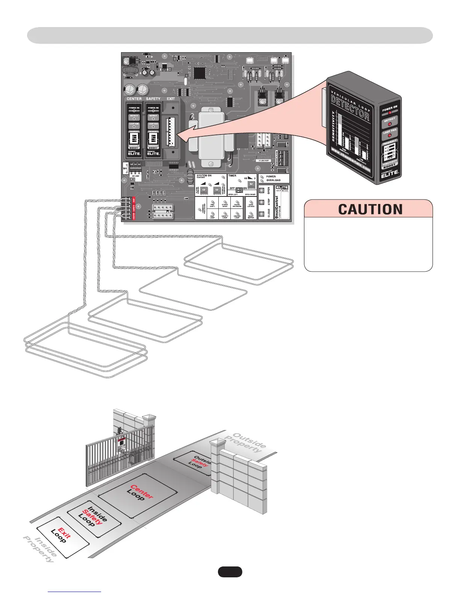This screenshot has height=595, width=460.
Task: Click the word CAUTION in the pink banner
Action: pyautogui.click(x=370, y=209)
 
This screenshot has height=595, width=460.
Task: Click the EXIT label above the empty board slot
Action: pyautogui.click(x=171, y=99)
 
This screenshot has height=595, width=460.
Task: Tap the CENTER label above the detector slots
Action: pyautogui.click(x=134, y=99)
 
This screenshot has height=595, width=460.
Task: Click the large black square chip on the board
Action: pyautogui.click(x=200, y=72)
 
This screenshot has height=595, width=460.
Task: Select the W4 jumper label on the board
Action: pyautogui.click(x=125, y=169)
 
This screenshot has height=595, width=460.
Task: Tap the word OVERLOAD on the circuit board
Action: pyautogui.click(x=273, y=180)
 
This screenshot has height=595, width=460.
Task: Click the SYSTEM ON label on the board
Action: pyautogui.click(x=204, y=175)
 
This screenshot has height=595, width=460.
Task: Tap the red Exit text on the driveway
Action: pyautogui.click(x=64, y=533)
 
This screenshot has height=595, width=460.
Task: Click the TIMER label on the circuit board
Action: pyautogui.click(x=232, y=175)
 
